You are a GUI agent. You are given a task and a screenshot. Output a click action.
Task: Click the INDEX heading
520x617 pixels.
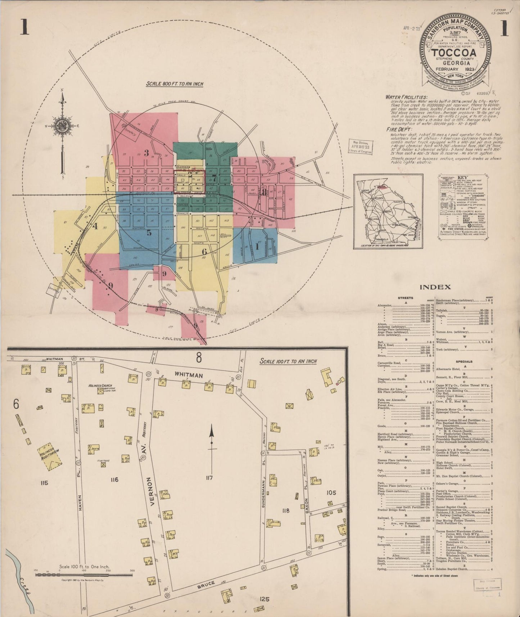pos(435,287)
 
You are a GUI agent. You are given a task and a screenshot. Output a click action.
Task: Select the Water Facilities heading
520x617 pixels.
pos(406,97)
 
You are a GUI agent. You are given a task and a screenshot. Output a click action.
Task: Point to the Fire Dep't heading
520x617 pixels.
pos(399,129)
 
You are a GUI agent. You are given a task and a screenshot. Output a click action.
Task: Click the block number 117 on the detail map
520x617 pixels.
pos(209,478)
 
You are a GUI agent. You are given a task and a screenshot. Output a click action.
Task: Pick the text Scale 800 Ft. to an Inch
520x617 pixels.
pos(174,84)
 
